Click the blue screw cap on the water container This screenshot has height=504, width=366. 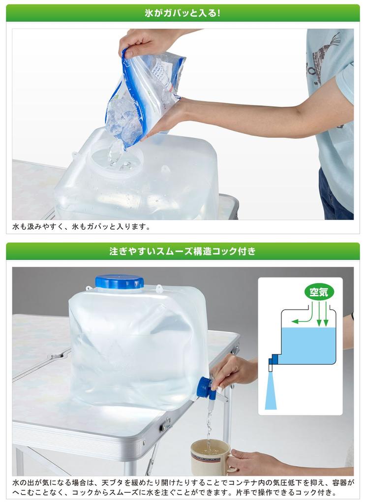click(x=119, y=282)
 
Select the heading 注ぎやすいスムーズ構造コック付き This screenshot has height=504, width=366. click(x=183, y=252)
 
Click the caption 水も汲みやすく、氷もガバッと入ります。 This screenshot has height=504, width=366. click(x=81, y=227)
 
